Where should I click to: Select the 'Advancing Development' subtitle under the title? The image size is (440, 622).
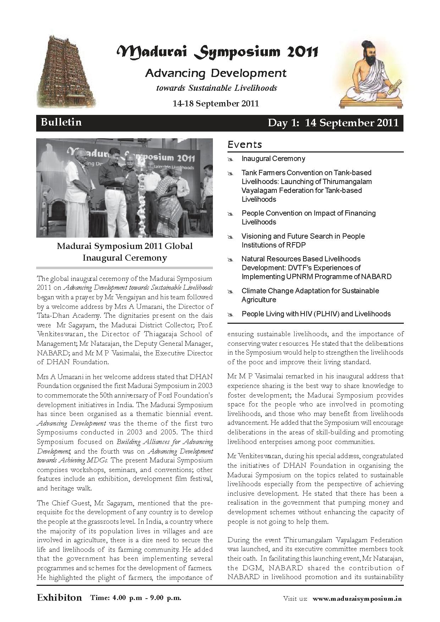[x=216, y=73]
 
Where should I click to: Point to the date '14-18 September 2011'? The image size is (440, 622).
[x=215, y=104]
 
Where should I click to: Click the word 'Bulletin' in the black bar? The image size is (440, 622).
[x=61, y=122]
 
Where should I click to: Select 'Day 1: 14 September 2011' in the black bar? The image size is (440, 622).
[x=333, y=123]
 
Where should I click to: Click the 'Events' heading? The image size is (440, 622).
[x=245, y=145]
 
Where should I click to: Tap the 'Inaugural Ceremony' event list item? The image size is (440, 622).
[x=273, y=159]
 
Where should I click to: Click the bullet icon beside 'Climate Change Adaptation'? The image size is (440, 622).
[x=230, y=292]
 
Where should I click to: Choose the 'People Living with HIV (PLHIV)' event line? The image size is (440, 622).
[x=316, y=314]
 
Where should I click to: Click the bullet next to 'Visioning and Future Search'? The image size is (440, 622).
[x=230, y=237]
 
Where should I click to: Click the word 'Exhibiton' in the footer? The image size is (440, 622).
[x=59, y=598]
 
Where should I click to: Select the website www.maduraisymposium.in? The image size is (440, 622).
[x=357, y=598]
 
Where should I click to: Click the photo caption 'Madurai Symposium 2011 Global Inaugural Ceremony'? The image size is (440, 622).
[x=125, y=252]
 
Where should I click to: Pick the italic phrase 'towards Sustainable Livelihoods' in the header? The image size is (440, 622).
[x=216, y=88]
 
